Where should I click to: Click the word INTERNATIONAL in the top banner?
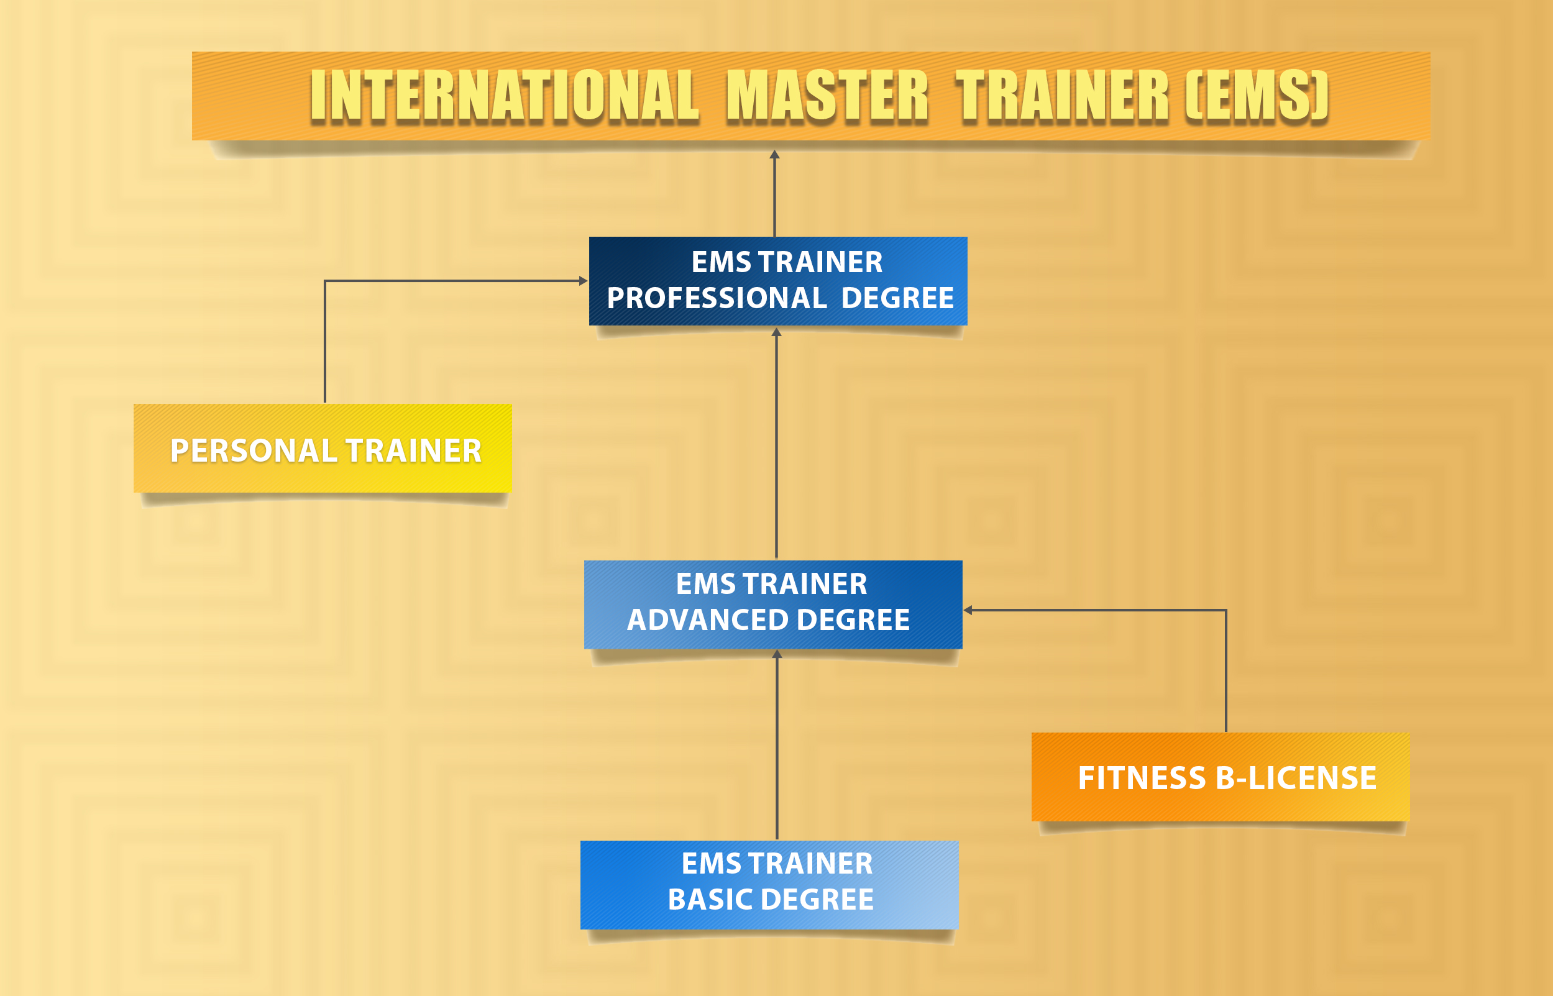[505, 96]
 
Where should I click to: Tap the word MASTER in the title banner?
[827, 96]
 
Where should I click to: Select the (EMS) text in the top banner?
[1257, 96]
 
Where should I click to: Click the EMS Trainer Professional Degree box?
[778, 281]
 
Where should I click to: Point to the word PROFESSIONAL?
[717, 298]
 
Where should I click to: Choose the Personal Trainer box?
[323, 448]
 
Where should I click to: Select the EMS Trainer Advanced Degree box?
[773, 605]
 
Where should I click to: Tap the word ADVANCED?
[708, 619]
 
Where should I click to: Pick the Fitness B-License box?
[1221, 777]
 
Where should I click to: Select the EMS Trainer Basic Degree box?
[769, 885]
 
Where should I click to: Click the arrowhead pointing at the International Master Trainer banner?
[774, 155]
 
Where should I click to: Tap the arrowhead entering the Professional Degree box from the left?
[583, 281]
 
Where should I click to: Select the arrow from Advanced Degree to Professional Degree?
[776, 443]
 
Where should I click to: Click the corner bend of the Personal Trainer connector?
[324, 281]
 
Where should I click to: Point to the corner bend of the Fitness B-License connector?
[1225, 610]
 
